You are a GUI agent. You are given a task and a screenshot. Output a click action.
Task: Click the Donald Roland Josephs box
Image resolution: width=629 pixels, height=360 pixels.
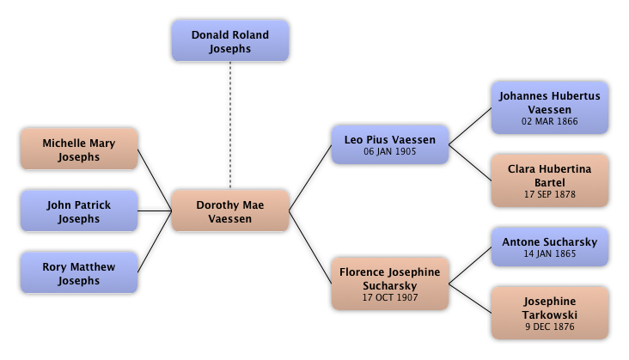[x=230, y=42]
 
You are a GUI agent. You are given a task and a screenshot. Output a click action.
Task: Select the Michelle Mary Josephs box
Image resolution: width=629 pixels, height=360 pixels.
[x=78, y=150]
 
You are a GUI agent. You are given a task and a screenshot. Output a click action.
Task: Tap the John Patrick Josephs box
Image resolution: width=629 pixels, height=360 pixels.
[x=78, y=212]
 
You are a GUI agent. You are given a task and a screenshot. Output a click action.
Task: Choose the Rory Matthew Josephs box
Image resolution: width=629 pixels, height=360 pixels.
[x=78, y=274]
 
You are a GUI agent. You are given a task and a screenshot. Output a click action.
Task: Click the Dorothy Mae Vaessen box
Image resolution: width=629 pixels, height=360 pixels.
[x=230, y=212]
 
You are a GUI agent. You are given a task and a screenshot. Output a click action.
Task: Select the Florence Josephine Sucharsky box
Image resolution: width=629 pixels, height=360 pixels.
[x=390, y=283]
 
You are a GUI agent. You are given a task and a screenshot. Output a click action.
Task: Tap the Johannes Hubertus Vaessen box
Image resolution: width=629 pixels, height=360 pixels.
[x=549, y=108]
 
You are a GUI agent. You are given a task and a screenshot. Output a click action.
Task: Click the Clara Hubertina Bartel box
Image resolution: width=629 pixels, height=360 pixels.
[x=549, y=180]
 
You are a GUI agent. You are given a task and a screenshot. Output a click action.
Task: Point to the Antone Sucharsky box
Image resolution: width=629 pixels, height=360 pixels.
[x=549, y=248]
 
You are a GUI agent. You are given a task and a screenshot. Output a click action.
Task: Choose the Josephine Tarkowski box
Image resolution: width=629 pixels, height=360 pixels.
[x=549, y=314]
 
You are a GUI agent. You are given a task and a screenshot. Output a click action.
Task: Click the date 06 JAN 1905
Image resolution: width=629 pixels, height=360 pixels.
[x=390, y=152]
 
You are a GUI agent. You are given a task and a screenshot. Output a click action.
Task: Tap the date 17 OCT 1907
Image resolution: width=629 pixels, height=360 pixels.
[x=390, y=296]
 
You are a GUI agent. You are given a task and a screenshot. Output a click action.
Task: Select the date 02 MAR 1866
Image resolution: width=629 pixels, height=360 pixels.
[x=549, y=121]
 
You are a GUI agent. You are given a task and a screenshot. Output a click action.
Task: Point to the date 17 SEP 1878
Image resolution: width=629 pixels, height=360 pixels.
[x=549, y=194]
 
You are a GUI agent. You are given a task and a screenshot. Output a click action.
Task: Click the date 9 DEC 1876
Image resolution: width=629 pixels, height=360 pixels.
[x=549, y=327]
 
